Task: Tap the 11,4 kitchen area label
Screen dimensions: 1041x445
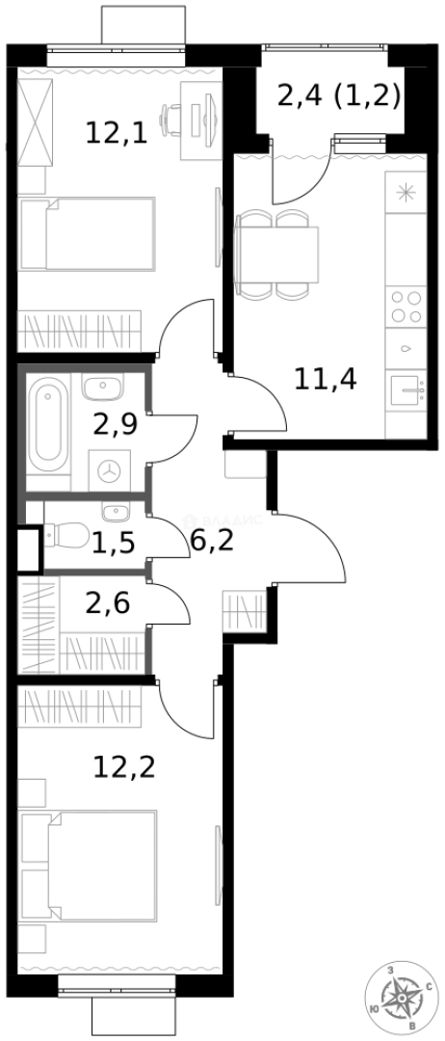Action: point(326,378)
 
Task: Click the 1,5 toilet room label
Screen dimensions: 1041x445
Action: point(112,543)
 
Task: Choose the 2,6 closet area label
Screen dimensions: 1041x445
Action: point(108,604)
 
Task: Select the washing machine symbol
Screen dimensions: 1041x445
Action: point(112,470)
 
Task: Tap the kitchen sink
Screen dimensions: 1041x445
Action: point(406,391)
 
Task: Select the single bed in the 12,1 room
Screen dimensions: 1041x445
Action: point(88,234)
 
